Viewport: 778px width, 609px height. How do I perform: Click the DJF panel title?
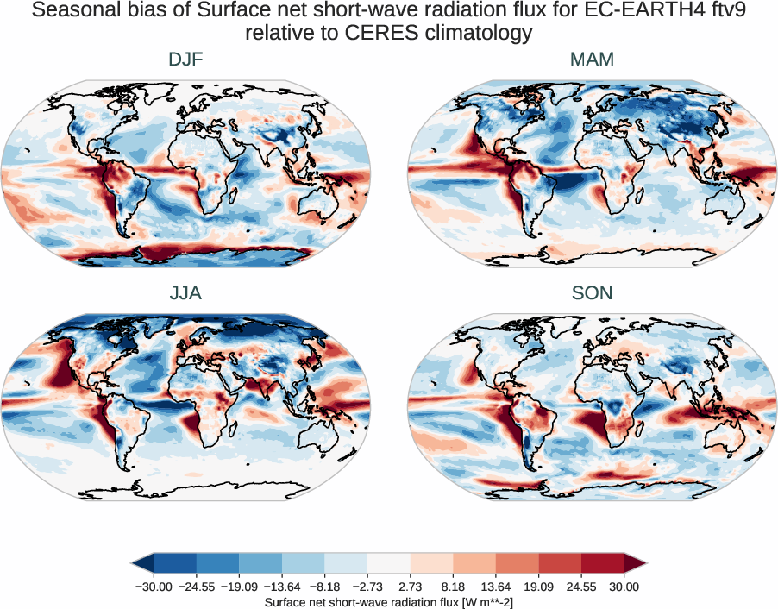click(x=185, y=60)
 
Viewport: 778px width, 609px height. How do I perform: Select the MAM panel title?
click(x=592, y=60)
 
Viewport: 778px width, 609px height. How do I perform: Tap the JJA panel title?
click(x=185, y=293)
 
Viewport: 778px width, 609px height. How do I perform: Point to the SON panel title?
click(x=592, y=293)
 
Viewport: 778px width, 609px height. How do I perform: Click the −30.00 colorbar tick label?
click(x=154, y=587)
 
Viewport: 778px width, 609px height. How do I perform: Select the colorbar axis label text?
click(x=389, y=601)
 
